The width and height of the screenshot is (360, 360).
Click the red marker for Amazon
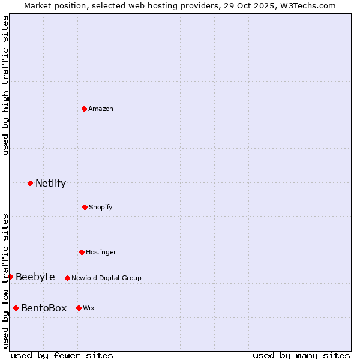[84, 109]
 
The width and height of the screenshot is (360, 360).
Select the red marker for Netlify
[30, 183]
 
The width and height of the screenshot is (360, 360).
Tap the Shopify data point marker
[85, 207]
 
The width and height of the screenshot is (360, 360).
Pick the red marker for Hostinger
[82, 252]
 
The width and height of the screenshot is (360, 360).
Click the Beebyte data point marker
[10, 277]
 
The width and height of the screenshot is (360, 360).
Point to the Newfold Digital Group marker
[67, 278]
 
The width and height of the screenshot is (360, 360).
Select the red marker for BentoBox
[16, 308]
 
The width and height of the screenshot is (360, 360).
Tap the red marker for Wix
[79, 308]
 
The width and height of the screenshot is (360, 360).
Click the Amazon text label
[101, 109]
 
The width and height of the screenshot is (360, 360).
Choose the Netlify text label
[50, 184]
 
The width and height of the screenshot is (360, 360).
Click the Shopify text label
[101, 207]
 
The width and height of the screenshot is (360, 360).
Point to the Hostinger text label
[101, 252]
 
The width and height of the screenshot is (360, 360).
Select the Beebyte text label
[35, 277]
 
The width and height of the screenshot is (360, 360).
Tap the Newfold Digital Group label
[106, 278]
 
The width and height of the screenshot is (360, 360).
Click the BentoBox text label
[44, 308]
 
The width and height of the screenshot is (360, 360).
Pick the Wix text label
[89, 308]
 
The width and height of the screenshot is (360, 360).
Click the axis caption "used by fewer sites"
[61, 355]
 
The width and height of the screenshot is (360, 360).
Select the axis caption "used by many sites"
[301, 355]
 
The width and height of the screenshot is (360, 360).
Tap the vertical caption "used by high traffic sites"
[5, 85]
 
